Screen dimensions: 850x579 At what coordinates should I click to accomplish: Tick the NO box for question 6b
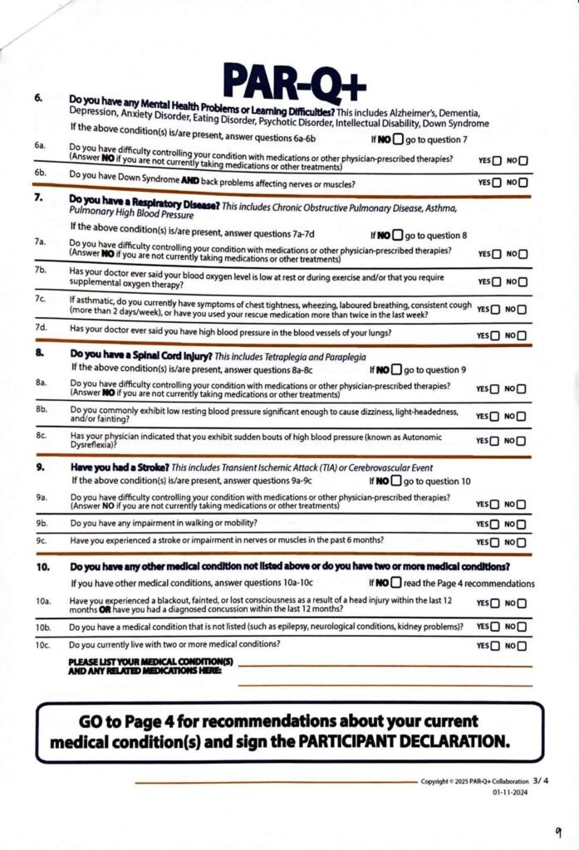pos(523,182)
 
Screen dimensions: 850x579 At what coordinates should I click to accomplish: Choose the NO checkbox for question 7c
pos(523,310)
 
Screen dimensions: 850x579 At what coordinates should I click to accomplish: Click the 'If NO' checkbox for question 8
pos(397,369)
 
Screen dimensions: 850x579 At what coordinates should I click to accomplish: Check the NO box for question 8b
pos(523,417)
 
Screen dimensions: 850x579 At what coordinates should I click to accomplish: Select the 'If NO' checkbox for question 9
pos(397,481)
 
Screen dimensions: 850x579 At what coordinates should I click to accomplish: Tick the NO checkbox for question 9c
pos(523,542)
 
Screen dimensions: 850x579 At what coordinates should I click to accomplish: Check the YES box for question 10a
pos(496,603)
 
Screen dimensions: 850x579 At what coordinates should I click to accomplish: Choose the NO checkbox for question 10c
pos(523,646)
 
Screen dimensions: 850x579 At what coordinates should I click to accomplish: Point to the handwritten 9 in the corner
pos(558,831)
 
